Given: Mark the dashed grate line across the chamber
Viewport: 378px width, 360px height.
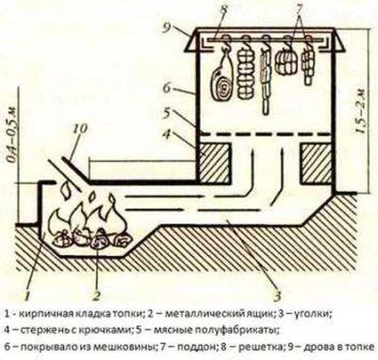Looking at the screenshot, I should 265,134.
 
